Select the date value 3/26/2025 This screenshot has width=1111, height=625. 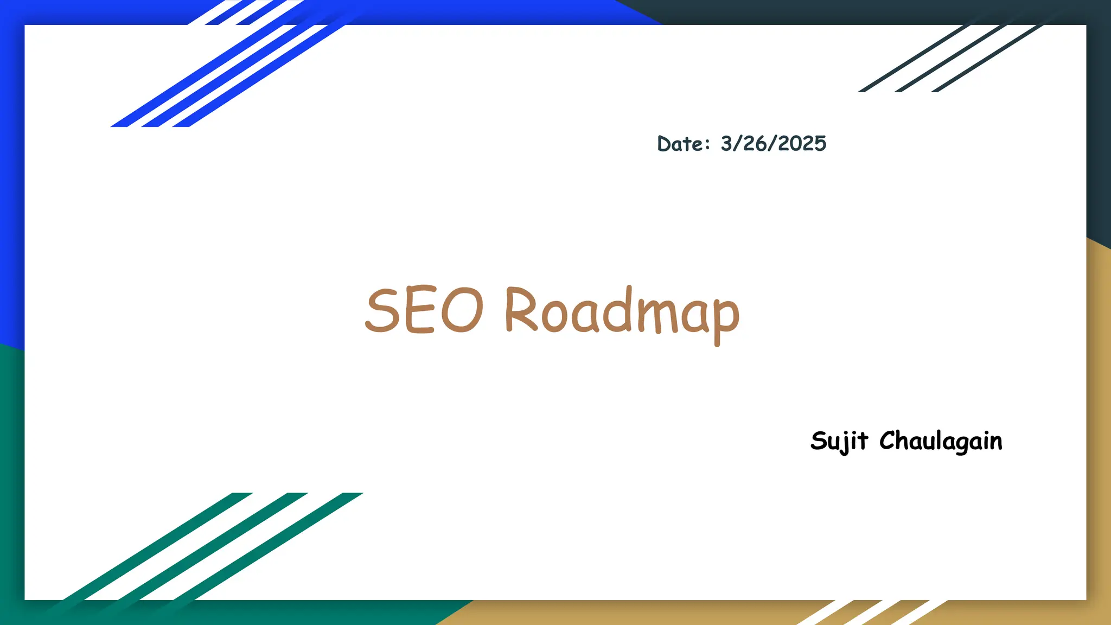tap(773, 144)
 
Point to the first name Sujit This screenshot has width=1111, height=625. tap(839, 441)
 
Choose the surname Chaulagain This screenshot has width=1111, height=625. tap(941, 441)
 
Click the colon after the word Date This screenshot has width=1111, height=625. tap(707, 144)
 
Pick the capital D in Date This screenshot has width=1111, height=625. tap(665, 144)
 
